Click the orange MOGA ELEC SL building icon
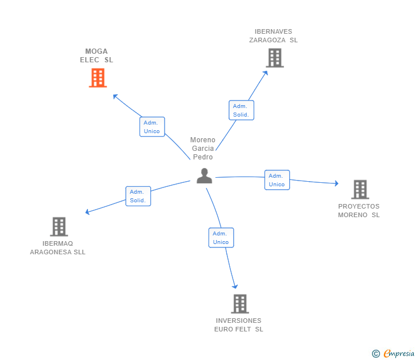click(x=98, y=78)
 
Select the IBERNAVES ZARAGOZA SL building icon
click(x=274, y=58)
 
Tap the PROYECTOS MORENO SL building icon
click(x=359, y=189)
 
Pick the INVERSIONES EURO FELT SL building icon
click(x=239, y=303)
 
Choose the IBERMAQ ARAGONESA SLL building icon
click(x=59, y=226)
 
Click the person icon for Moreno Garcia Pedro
click(x=204, y=176)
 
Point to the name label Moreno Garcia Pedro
click(x=203, y=149)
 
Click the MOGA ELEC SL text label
click(x=97, y=55)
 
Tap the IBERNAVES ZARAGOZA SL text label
click(x=273, y=36)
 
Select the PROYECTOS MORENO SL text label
click(x=359, y=211)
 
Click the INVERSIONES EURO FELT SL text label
click(x=239, y=325)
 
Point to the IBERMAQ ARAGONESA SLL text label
click(x=58, y=247)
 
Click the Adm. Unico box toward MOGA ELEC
click(x=152, y=127)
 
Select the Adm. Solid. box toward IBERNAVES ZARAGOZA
click(x=241, y=110)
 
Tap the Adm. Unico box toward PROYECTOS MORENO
click(x=277, y=180)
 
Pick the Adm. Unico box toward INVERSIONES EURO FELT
click(x=221, y=238)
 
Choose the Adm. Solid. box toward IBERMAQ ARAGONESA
click(x=138, y=196)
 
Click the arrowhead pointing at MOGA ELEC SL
click(x=114, y=95)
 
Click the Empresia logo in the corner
click(x=394, y=354)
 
